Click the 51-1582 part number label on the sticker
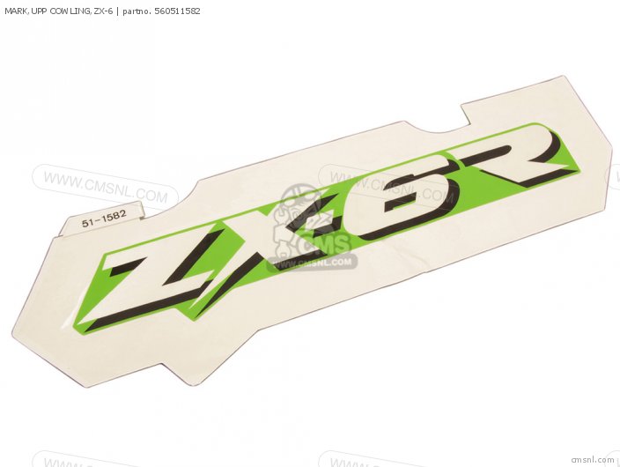pyautogui.click(x=104, y=219)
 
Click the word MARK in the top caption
pyautogui.click(x=15, y=11)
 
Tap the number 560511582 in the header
pyautogui.click(x=178, y=11)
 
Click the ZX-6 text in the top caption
pyautogui.click(x=104, y=11)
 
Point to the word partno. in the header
pyautogui.click(x=137, y=11)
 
